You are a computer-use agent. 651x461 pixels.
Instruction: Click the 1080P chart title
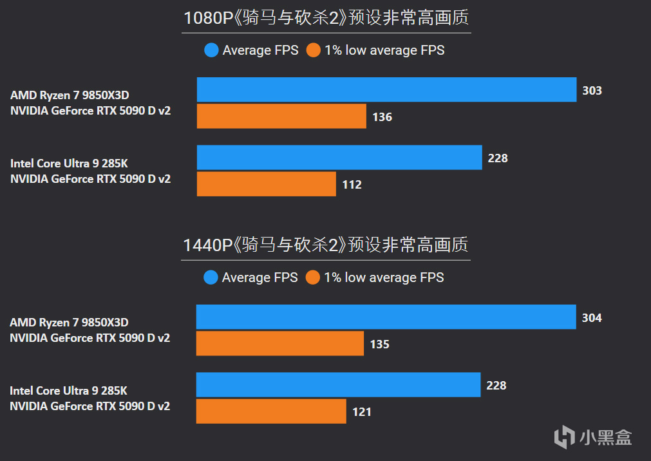point(326,18)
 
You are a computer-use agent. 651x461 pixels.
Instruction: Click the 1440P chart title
point(326,245)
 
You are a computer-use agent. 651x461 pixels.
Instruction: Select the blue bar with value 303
point(386,89)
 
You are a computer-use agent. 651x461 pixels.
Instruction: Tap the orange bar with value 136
point(281,117)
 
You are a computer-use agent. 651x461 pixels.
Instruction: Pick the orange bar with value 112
point(266,184)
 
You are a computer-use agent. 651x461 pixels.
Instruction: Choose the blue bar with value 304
point(386,317)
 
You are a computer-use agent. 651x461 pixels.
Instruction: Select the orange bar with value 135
point(280,344)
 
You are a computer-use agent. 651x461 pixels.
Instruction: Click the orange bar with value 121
point(271,411)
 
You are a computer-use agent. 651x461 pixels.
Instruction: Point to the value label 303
point(592,90)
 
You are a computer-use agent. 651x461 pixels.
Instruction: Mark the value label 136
point(382,117)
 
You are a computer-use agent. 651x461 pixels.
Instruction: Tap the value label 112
point(352,185)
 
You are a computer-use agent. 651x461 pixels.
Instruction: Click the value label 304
point(591,318)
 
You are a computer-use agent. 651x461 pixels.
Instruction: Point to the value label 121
point(361,411)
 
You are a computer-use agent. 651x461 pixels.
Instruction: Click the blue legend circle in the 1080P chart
point(211,50)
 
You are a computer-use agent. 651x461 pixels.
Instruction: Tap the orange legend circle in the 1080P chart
point(314,50)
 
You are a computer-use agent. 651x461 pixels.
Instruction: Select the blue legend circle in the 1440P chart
point(211,278)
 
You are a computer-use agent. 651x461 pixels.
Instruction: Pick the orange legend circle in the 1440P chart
point(313,278)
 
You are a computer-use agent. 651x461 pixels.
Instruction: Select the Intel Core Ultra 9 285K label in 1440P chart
point(68,391)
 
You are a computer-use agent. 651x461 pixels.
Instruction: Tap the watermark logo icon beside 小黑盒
point(564,437)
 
